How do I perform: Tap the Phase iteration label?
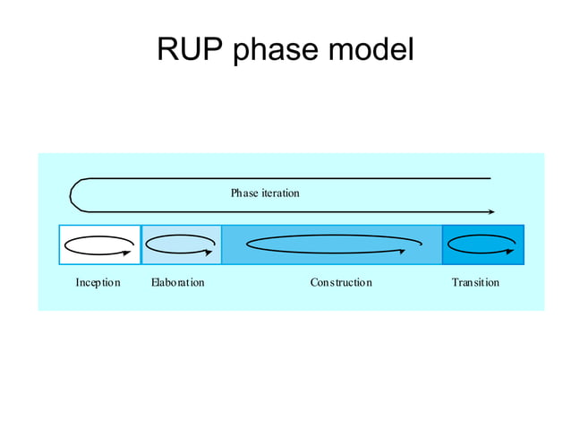tap(265, 193)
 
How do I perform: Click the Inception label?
tap(98, 283)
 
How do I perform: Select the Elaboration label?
tap(177, 283)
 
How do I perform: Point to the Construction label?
tap(341, 283)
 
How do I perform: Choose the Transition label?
tap(475, 283)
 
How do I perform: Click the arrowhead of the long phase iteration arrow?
tap(491, 212)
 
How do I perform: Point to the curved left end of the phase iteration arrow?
tap(73, 195)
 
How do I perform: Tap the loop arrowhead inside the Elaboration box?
tap(209, 252)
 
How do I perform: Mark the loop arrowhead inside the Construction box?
tap(404, 252)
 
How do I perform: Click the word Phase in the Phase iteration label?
tap(243, 193)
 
